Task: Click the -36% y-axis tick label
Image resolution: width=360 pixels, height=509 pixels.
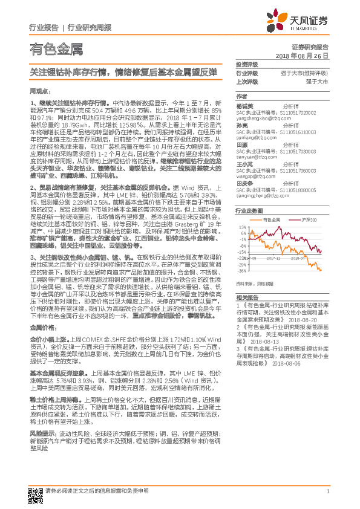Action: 241,271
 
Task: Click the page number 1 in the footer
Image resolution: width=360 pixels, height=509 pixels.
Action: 327,491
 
